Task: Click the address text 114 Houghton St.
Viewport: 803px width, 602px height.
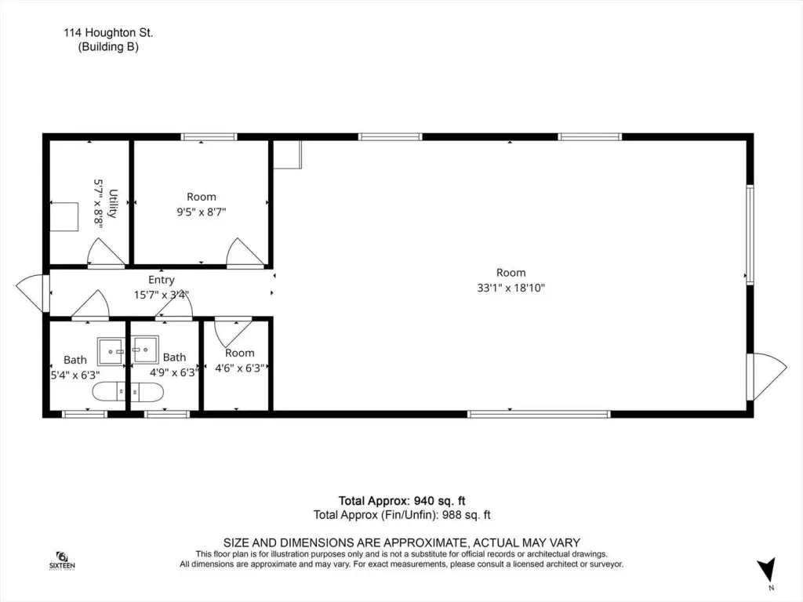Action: [108, 33]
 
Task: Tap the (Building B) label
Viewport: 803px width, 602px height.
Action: [108, 46]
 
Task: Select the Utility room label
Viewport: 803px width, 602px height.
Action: [113, 203]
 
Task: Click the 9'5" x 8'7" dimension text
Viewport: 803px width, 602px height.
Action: [202, 212]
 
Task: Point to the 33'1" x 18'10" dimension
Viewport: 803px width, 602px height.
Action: [511, 288]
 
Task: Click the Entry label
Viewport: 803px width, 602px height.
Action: [162, 280]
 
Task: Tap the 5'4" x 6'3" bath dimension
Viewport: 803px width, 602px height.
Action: [74, 375]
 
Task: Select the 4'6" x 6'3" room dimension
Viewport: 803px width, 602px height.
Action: [240, 368]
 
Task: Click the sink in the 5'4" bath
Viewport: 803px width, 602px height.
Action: [111, 352]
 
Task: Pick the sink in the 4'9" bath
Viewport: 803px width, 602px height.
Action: [144, 350]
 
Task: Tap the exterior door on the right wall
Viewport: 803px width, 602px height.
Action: [767, 377]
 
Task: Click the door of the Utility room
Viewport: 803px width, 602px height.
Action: [106, 252]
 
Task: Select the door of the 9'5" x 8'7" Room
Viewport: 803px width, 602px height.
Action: [245, 252]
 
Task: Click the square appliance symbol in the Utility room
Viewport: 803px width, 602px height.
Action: [64, 217]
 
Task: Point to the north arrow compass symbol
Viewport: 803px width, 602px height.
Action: [767, 570]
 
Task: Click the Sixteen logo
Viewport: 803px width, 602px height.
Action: [62, 560]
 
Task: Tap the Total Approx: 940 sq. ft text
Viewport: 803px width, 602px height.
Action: [401, 501]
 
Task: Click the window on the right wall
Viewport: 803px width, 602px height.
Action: [750, 234]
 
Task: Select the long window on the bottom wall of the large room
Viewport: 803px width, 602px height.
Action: [539, 414]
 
